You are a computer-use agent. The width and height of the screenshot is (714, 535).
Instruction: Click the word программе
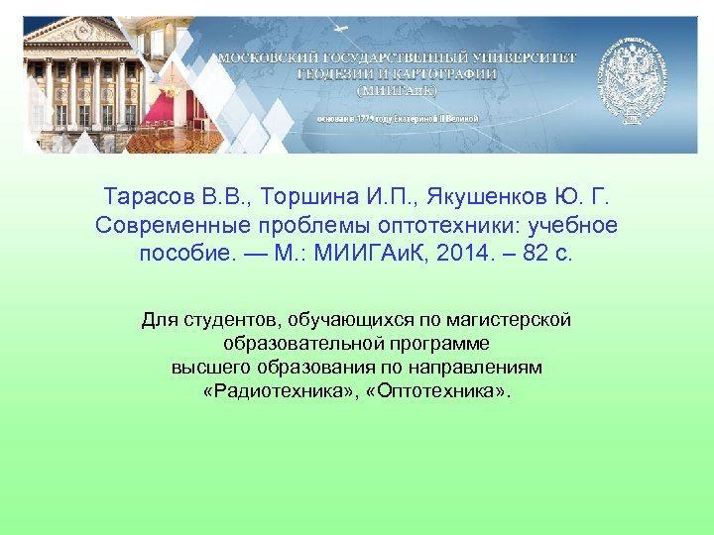(445, 343)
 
